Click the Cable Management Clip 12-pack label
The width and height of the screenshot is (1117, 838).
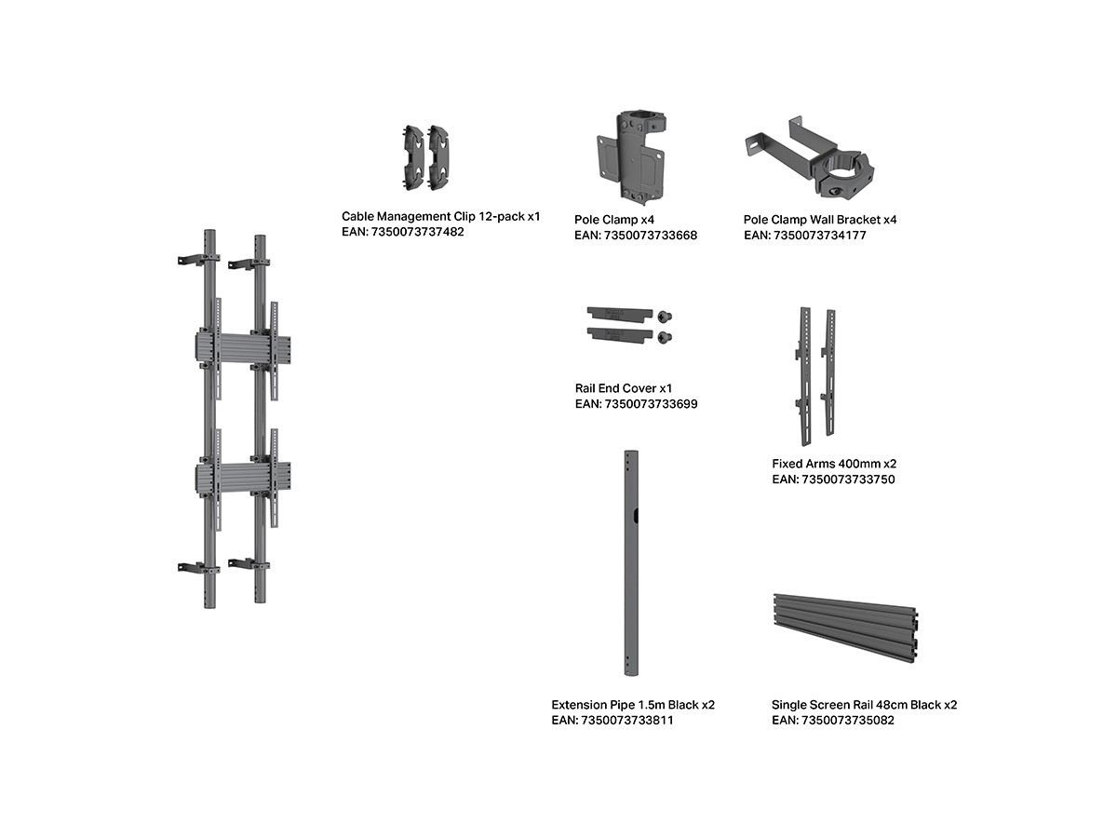(x=440, y=216)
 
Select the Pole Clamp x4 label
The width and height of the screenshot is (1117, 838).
(x=613, y=220)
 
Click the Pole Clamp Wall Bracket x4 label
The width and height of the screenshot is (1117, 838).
(x=820, y=220)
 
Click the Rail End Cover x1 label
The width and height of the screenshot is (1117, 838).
(x=624, y=388)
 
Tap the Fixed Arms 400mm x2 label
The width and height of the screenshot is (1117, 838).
(x=834, y=464)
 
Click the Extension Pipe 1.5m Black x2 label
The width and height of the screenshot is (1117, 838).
(x=633, y=705)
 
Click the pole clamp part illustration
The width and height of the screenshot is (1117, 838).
(x=630, y=155)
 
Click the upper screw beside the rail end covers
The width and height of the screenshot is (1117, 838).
(x=664, y=317)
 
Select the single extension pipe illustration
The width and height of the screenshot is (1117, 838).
(x=631, y=563)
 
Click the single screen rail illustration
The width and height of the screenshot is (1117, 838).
(x=845, y=628)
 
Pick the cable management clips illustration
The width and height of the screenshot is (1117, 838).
(x=426, y=157)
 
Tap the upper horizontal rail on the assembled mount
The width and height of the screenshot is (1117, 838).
(x=243, y=346)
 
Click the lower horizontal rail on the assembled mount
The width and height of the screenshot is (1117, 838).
(x=243, y=477)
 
